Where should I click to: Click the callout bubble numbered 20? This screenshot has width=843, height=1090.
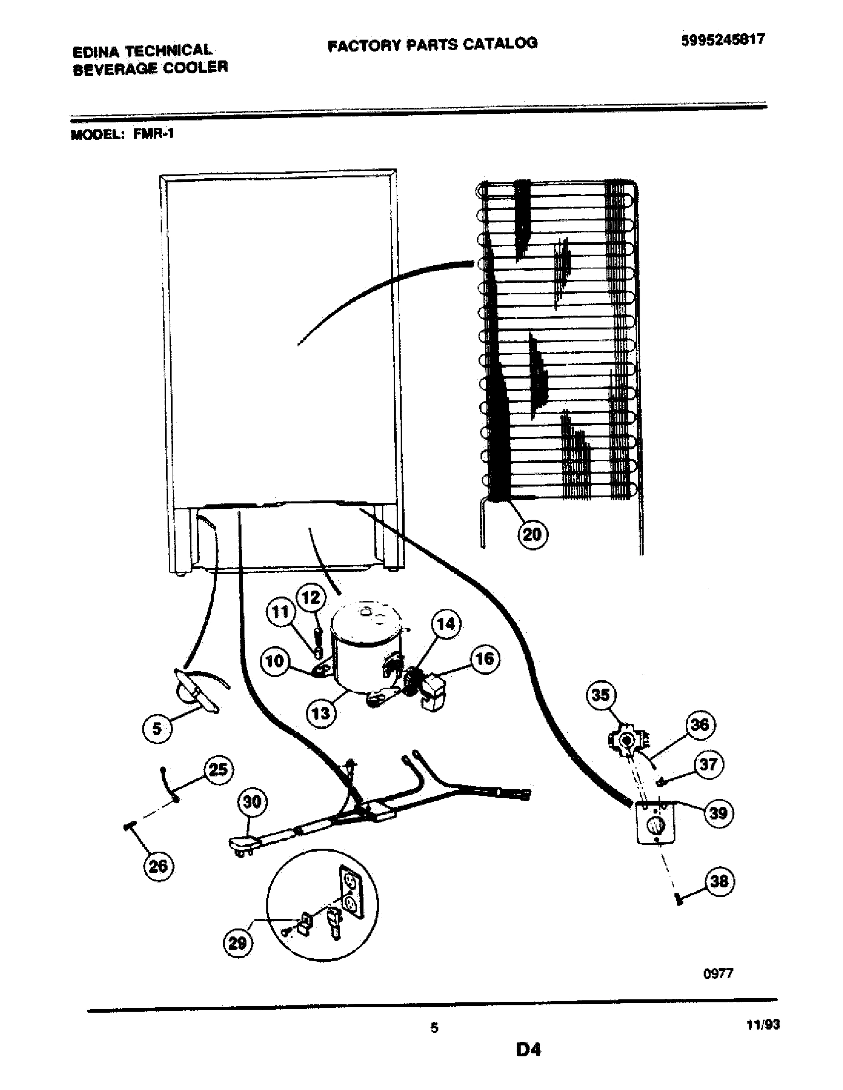pyautogui.click(x=532, y=535)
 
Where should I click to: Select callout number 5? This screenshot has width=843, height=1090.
pyautogui.click(x=157, y=728)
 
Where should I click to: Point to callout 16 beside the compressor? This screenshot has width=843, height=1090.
pyautogui.click(x=484, y=659)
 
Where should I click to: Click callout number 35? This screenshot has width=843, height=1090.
pyautogui.click(x=601, y=695)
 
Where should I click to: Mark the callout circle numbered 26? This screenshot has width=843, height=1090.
pyautogui.click(x=158, y=865)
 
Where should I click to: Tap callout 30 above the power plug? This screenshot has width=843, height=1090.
pyautogui.click(x=252, y=802)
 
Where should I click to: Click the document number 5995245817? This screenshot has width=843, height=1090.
pyautogui.click(x=723, y=40)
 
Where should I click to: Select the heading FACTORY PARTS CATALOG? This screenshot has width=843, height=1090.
pyautogui.click(x=432, y=45)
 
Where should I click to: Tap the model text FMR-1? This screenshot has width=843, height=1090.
pyautogui.click(x=153, y=134)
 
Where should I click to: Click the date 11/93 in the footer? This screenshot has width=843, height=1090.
pyautogui.click(x=763, y=1025)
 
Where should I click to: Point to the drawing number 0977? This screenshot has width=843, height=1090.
pyautogui.click(x=718, y=973)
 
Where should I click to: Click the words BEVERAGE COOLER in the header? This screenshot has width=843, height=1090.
pyautogui.click(x=150, y=67)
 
